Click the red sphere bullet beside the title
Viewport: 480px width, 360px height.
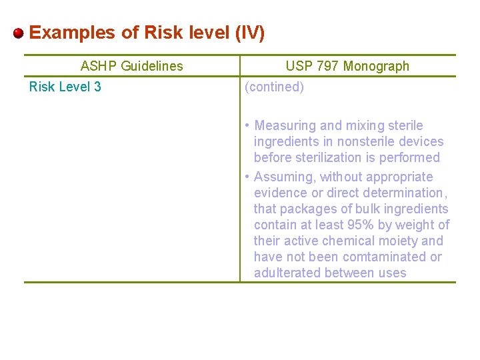pyautogui.click(x=19, y=33)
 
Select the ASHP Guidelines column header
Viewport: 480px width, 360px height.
pyautogui.click(x=131, y=66)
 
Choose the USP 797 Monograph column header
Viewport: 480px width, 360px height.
pyautogui.click(x=347, y=66)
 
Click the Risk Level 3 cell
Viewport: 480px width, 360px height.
pyautogui.click(x=65, y=87)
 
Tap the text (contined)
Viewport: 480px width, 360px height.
pyautogui.click(x=274, y=87)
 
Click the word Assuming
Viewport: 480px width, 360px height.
pyautogui.click(x=285, y=177)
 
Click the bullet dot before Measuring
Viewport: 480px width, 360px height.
pyautogui.click(x=247, y=125)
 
